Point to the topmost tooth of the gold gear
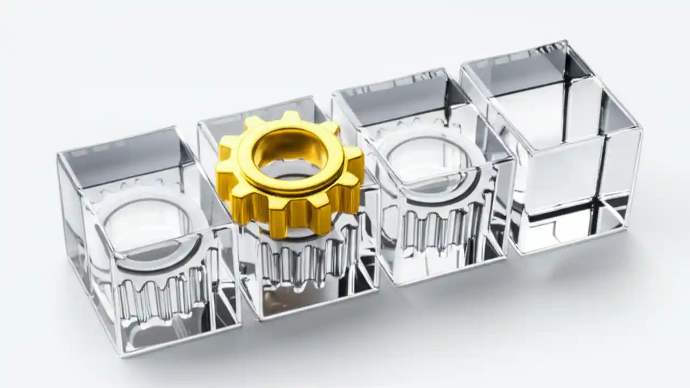tap(291, 117)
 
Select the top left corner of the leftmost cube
tap(58, 156)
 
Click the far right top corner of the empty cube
tap(641, 129)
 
